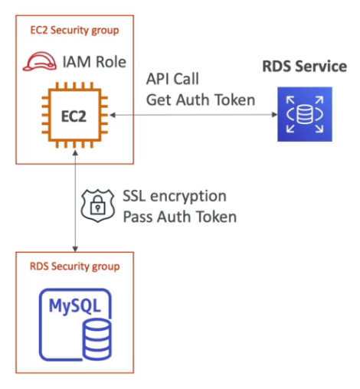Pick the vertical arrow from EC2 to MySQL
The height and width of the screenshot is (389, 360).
[74, 199]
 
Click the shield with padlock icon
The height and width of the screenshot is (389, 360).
[97, 205]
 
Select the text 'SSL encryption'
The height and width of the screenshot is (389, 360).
[175, 196]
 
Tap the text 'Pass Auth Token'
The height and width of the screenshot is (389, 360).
[179, 216]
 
